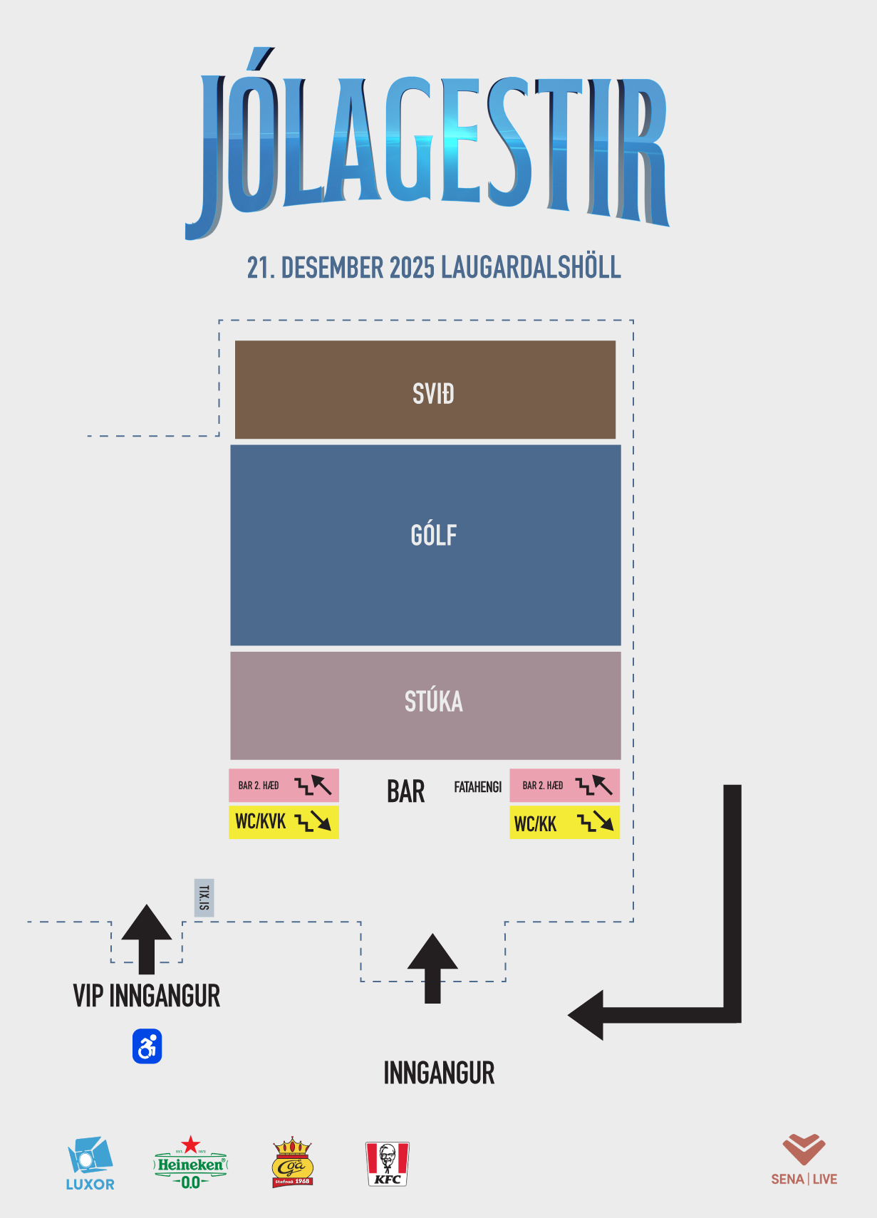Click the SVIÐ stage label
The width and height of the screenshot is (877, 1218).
click(433, 394)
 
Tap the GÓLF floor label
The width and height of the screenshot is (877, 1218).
click(433, 535)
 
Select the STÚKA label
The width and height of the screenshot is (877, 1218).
click(433, 702)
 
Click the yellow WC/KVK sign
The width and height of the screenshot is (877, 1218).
click(284, 822)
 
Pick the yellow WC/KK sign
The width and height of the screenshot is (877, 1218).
click(564, 823)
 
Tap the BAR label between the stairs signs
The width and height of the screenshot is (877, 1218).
click(405, 791)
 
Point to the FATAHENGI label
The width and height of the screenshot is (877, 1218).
click(477, 787)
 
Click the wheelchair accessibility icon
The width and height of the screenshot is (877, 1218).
click(147, 1046)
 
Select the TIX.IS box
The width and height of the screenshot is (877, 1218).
click(204, 897)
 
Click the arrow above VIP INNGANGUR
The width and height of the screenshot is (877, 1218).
click(147, 937)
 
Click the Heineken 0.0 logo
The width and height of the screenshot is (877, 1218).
click(190, 1163)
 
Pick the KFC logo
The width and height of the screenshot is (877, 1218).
click(387, 1163)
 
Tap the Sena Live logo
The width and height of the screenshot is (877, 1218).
click(804, 1160)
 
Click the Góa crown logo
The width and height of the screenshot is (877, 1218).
click(292, 1162)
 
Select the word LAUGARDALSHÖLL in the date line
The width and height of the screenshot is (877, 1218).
click(531, 268)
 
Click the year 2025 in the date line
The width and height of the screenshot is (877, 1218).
click(412, 268)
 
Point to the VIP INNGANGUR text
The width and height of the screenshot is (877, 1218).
click(147, 996)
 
